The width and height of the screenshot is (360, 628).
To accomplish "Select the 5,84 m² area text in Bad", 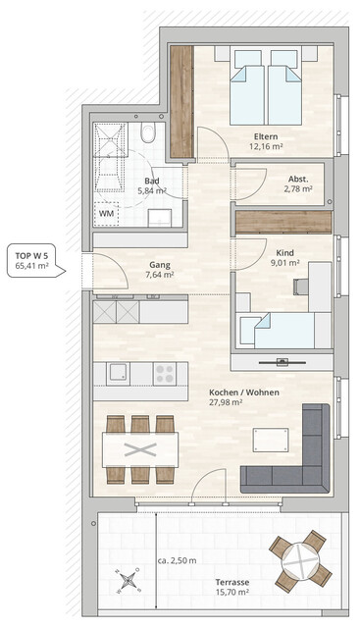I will (152, 192).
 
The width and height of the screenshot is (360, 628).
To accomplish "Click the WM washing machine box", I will (105, 212).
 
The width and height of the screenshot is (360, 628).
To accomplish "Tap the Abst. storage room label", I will (298, 179).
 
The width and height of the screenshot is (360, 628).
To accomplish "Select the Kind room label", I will (284, 250).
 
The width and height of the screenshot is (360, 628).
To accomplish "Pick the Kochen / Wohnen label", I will (243, 392).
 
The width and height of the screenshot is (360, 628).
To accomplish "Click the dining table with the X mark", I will (139, 449).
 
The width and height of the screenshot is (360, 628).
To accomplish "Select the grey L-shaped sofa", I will (294, 456).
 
